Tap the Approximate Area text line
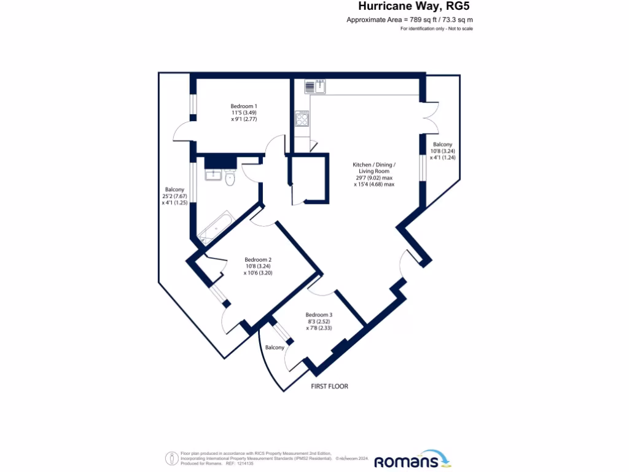[410, 20]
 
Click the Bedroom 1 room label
[244, 106]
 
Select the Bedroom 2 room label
[257, 259]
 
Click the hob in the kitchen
[302, 118]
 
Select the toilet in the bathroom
[230, 178]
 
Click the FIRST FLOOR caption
[329, 387]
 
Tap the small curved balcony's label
[275, 348]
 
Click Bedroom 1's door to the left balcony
[182, 131]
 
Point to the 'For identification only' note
[437, 29]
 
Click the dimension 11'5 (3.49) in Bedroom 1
[244, 112]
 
